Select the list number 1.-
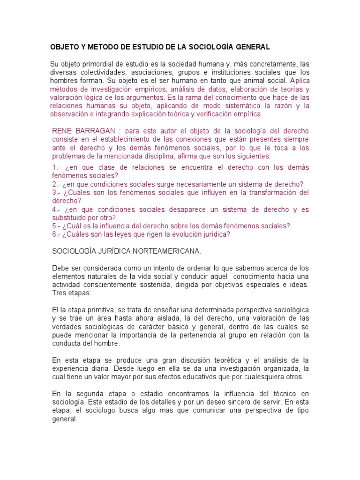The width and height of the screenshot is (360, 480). pyautogui.click(x=58, y=167)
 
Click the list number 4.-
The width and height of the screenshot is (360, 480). pyautogui.click(x=57, y=210)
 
